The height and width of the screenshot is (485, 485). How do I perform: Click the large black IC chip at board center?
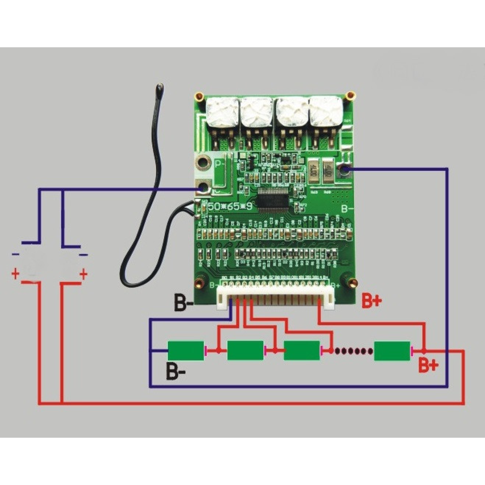pyautogui.click(x=274, y=199)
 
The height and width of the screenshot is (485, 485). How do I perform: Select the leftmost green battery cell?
pyautogui.click(x=186, y=350)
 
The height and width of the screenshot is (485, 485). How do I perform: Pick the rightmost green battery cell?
pyautogui.click(x=392, y=350)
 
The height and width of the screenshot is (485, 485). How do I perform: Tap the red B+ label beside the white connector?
pyautogui.click(x=371, y=301)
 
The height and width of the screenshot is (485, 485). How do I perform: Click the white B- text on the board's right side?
pyautogui.click(x=347, y=209)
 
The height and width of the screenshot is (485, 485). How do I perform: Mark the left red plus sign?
pyautogui.click(x=15, y=274)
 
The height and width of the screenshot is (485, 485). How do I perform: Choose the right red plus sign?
pyautogui.click(x=83, y=274)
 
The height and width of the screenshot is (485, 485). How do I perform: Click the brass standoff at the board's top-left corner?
pyautogui.click(x=199, y=97)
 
